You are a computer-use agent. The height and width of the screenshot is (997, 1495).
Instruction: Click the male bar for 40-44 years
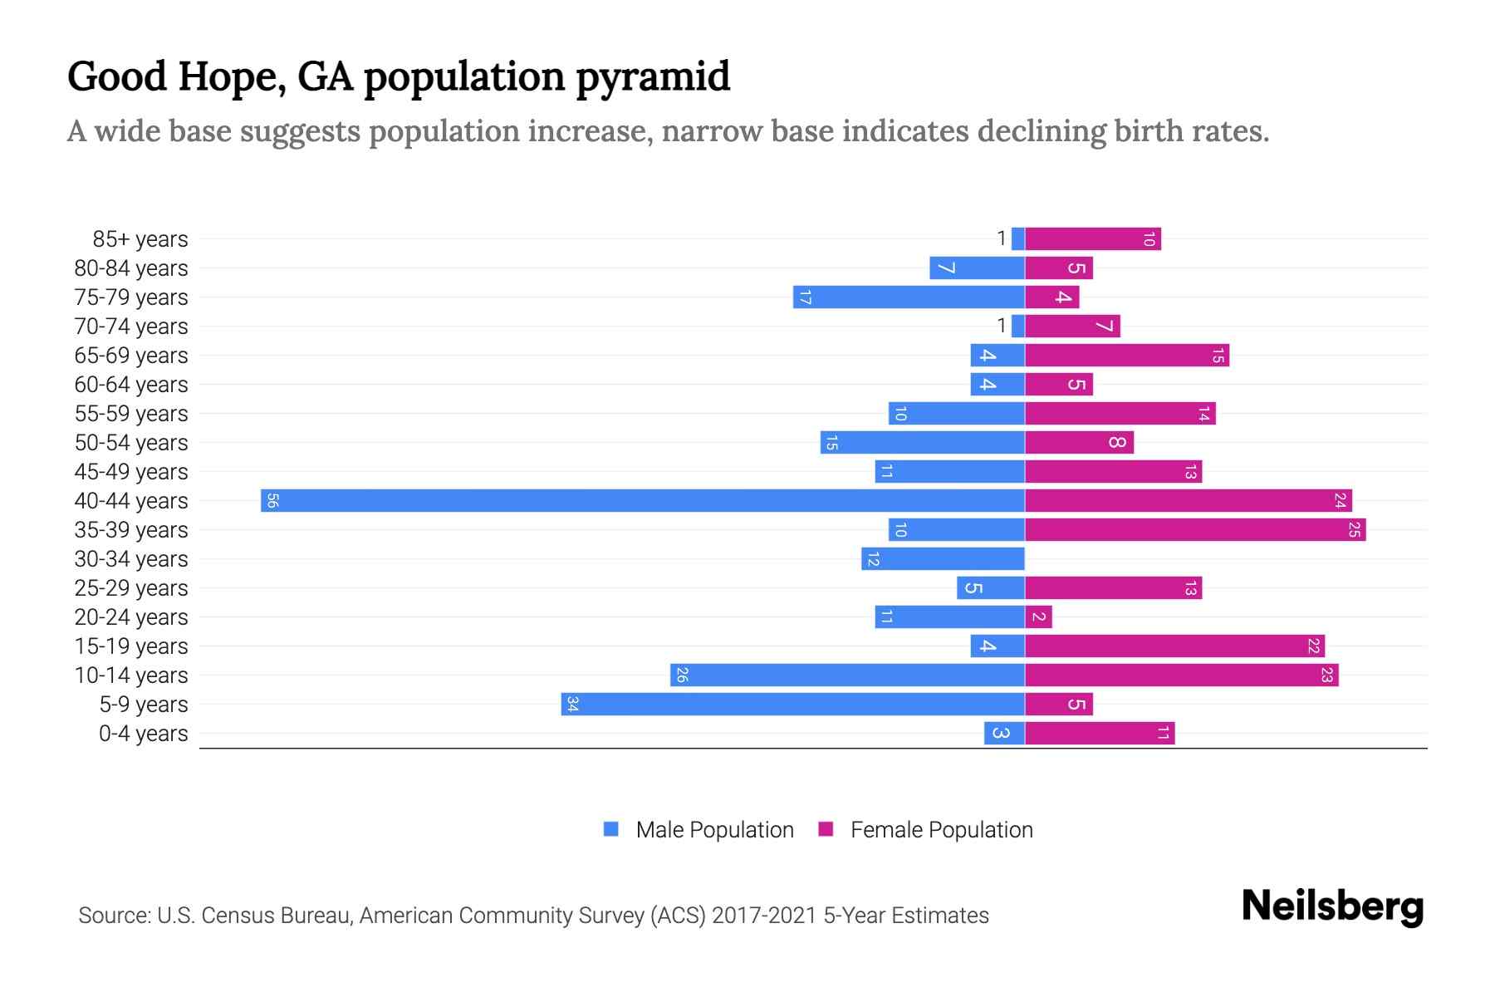[642, 500]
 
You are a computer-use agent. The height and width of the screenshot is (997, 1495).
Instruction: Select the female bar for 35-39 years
[1195, 529]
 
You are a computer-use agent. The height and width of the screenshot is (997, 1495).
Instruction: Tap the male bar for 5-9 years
[792, 704]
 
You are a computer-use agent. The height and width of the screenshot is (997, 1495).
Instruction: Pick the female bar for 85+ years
[1093, 238]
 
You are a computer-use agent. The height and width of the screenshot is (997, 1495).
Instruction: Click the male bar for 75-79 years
[909, 297]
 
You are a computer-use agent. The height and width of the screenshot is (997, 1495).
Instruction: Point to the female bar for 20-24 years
[1038, 616]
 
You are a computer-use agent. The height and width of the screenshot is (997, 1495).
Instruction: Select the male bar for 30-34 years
[943, 558]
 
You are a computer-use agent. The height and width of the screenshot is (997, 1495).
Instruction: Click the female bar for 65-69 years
[1127, 355]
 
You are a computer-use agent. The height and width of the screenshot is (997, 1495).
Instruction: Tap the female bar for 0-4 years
[1100, 733]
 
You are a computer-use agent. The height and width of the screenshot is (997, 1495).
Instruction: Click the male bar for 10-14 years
[847, 675]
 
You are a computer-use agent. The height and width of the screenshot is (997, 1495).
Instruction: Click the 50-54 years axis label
[131, 443]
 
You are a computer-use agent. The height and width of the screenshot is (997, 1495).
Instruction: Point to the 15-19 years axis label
[131, 646]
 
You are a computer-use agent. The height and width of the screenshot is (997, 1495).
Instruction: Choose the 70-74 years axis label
[131, 327]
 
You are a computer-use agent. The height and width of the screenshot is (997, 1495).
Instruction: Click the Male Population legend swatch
[611, 829]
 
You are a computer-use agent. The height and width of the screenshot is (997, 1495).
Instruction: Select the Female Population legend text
[941, 829]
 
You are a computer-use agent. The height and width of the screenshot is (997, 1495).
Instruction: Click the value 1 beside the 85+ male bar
[1002, 238]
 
